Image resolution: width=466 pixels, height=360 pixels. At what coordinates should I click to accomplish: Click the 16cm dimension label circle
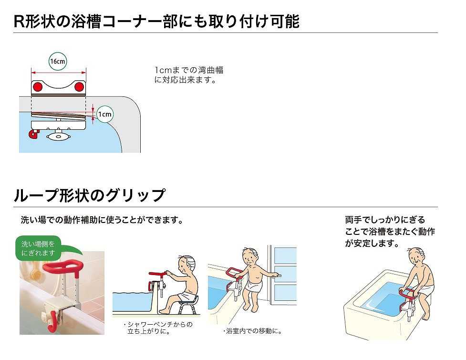[58, 61]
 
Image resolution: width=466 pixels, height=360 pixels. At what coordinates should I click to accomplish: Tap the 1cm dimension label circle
[104, 114]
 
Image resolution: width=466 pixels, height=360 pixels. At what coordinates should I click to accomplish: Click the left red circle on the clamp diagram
[38, 87]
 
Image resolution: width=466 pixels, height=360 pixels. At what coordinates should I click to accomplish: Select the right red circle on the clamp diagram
[79, 87]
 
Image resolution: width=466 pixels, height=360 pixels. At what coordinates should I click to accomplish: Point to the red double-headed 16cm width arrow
[59, 72]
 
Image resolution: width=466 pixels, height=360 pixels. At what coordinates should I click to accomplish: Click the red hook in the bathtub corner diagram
[33, 134]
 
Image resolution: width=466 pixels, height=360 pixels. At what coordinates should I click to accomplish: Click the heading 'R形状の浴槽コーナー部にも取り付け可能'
[156, 21]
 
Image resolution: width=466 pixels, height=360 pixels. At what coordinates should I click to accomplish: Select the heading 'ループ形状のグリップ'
[90, 195]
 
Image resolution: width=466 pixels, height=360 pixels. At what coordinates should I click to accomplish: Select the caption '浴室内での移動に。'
[253, 331]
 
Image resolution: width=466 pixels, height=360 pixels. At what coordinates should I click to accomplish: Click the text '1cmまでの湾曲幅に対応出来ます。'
[189, 75]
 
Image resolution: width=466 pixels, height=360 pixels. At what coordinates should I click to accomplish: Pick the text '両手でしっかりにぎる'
[385, 220]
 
